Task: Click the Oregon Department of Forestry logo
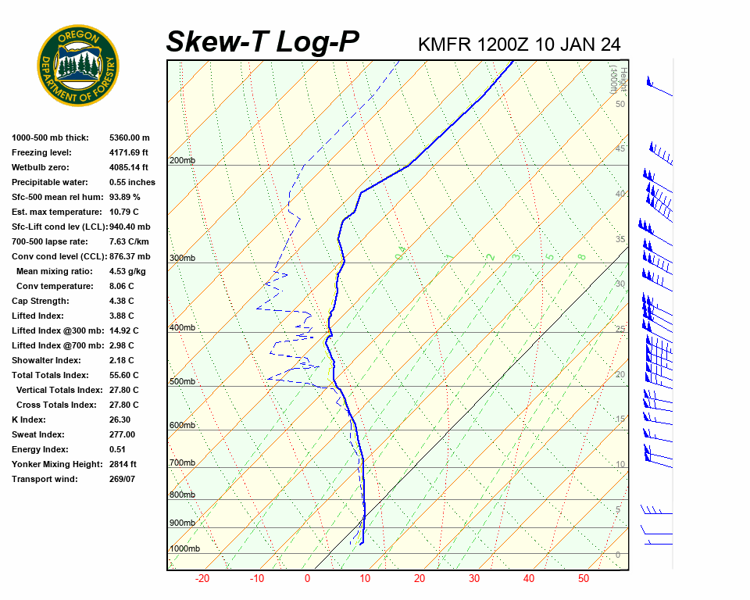[78, 65]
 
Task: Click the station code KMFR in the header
[445, 44]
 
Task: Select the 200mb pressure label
[182, 160]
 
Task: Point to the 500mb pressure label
[182, 381]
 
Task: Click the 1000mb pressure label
[185, 548]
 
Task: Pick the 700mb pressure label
[182, 462]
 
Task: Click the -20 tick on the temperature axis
[202, 579]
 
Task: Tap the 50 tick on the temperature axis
[584, 579]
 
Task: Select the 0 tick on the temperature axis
[307, 579]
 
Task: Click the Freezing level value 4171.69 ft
[129, 152]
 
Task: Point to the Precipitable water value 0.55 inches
[132, 182]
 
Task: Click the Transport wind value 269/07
[122, 479]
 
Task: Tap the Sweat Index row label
[38, 434]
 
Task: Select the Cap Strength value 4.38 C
[122, 301]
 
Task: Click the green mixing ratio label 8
[581, 256]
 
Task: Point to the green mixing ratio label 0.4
[399, 252]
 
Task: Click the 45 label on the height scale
[620, 148]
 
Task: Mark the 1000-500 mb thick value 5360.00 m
[130, 137]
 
